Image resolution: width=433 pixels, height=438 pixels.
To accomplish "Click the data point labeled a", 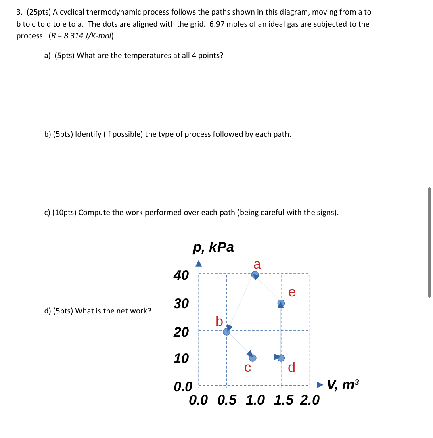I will coord(255,275).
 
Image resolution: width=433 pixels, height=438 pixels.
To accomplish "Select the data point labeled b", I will coord(227,332).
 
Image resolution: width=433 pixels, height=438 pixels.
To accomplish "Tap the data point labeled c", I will coord(253,358).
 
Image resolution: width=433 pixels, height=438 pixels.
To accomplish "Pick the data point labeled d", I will coord(281,358).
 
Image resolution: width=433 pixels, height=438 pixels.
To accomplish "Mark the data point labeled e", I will coord(281,303).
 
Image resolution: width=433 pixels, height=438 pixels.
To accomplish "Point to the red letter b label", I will coord(219,321).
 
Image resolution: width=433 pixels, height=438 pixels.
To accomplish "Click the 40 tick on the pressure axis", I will coord(181,275).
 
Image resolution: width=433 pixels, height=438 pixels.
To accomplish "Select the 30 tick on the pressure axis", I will coord(181,303).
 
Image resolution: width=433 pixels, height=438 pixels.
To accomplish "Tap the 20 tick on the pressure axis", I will coord(181,332).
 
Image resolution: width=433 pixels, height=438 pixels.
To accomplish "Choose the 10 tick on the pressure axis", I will coord(181,358).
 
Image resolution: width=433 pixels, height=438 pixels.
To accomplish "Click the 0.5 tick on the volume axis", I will coord(227,400).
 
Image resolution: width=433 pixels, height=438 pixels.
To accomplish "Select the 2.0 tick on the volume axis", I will coord(310,400).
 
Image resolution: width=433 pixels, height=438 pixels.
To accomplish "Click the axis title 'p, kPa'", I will coord(213,247).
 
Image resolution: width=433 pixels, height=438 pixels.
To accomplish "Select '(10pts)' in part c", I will coord(65,213).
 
